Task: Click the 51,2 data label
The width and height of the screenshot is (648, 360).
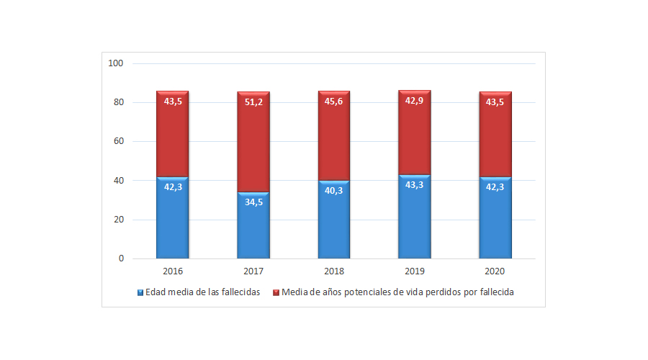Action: (253, 102)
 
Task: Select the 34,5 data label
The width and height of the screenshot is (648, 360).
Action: (253, 202)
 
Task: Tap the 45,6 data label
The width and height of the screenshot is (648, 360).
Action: (334, 102)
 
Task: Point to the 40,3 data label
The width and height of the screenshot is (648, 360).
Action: (334, 191)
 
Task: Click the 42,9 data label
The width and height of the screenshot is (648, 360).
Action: (415, 101)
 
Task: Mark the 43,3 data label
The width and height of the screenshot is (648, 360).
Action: (415, 185)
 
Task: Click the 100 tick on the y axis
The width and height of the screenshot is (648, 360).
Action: (116, 63)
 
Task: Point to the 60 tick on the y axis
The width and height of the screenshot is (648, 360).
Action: (118, 141)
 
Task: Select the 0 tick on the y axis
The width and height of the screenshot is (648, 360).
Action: (121, 258)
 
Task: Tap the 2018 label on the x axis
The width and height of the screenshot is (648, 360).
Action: (334, 271)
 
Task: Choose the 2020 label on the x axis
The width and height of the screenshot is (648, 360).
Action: (495, 271)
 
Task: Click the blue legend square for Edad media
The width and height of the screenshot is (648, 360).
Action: (140, 292)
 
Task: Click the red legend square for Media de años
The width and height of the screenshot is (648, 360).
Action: (276, 292)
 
